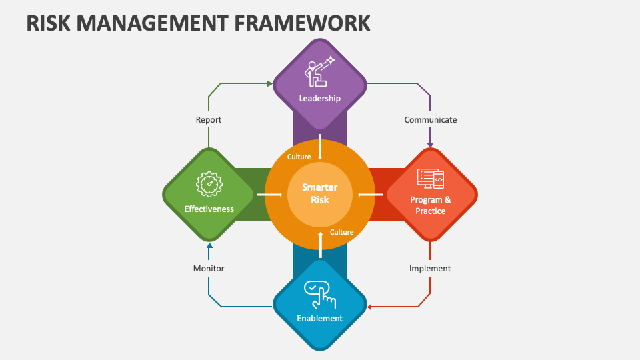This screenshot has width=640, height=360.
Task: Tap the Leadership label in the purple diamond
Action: pos(319,99)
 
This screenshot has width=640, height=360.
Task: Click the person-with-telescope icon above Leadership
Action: pos(319,72)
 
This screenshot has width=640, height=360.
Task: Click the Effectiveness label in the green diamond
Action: pos(209,209)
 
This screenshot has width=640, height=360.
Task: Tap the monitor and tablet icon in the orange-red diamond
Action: pos(430,178)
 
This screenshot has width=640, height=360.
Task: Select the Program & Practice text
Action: pos(430,205)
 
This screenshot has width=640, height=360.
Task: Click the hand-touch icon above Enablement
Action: pos(319,292)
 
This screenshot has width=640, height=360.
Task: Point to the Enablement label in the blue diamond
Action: pos(319,318)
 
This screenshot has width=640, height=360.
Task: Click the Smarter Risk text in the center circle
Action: pos(319,193)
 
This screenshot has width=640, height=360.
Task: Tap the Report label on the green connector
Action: pos(209,120)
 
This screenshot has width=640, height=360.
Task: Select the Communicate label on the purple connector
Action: pos(430,120)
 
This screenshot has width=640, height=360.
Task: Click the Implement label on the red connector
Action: pos(430,268)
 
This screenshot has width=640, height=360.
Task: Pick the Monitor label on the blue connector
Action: pos(209,268)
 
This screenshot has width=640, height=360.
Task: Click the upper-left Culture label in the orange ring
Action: pos(299,157)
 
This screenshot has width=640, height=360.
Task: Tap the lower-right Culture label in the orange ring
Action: pos(341,232)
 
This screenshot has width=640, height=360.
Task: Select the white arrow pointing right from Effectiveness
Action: pos(269,195)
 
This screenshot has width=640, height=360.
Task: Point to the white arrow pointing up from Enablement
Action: pos(320,244)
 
